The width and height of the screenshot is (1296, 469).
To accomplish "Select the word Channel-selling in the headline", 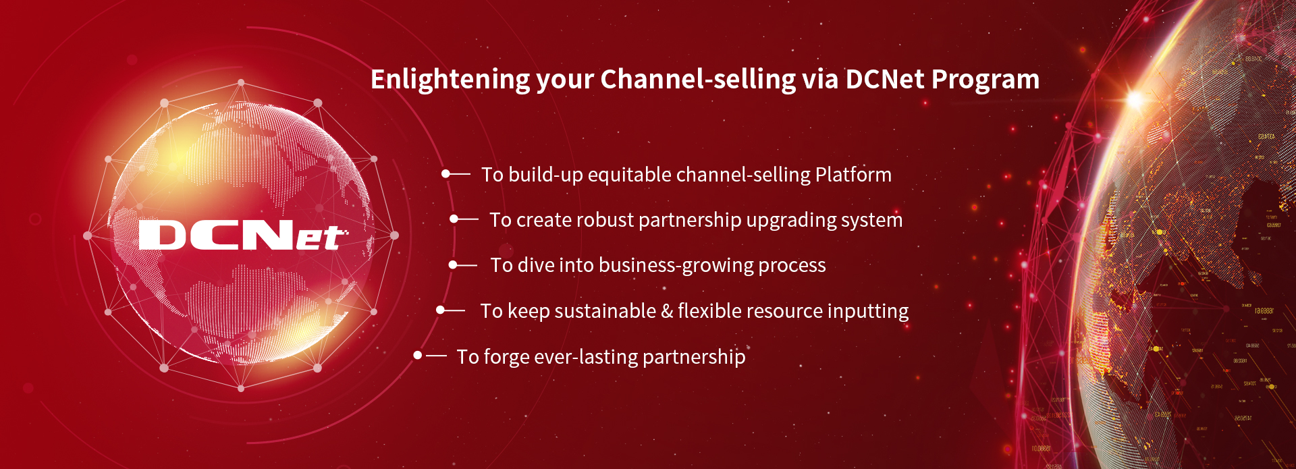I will point(698,80).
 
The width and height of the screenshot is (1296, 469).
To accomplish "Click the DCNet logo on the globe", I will point(242,236).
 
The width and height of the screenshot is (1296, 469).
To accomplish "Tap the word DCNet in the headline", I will point(884,80).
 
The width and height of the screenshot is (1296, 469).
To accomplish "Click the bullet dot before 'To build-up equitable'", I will point(446,174).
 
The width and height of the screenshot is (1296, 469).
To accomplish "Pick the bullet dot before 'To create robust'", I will point(454,219).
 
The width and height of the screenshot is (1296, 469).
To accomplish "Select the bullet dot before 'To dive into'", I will point(453,265).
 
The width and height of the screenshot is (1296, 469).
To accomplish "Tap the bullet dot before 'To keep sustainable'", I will point(440,310).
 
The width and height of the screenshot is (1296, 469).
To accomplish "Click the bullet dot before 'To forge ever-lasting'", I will point(418,356).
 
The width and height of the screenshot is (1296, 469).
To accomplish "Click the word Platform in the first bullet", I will point(853,175).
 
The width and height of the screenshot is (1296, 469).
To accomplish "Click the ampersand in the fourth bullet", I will point(667,311).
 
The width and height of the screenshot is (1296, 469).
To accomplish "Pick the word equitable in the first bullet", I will point(629,175).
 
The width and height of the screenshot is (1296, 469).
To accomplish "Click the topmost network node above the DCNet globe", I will point(241,84).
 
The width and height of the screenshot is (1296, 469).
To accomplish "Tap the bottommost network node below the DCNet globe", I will point(241,388).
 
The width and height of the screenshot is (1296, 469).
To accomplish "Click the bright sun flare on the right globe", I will point(1135,101).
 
